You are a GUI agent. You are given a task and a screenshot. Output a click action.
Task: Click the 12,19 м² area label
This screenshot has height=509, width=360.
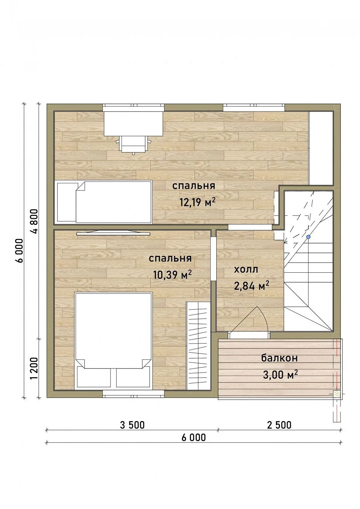pyautogui.click(x=198, y=202)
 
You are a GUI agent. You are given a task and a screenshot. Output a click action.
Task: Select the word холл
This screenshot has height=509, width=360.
pyautogui.click(x=246, y=269)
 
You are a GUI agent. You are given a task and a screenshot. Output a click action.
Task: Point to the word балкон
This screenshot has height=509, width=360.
pyautogui.click(x=279, y=358)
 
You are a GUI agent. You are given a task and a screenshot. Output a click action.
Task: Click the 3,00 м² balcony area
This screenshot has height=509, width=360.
pyautogui.click(x=280, y=374)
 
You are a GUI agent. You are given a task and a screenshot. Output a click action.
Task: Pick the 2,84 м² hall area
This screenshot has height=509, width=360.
pyautogui.click(x=251, y=285)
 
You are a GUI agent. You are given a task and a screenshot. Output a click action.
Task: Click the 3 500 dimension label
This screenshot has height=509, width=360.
pyautogui.click(x=132, y=425)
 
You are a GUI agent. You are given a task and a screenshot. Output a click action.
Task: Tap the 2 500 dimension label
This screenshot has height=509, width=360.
pyautogui.click(x=279, y=425)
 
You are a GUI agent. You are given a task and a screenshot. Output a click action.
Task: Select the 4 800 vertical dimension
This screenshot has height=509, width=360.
pyautogui.click(x=35, y=221)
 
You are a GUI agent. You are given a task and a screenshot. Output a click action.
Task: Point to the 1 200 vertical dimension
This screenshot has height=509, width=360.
pyautogui.click(x=35, y=368)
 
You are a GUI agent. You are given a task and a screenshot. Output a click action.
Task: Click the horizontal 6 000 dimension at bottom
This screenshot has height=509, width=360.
pyautogui.click(x=194, y=437)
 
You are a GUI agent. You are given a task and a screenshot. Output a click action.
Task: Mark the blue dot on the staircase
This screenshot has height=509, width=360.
pyautogui.click(x=308, y=237)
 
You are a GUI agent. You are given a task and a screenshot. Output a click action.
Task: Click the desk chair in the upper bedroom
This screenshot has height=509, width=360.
pyautogui.click(x=134, y=144)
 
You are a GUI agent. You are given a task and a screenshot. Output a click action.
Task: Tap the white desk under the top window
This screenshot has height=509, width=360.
pyautogui.click(x=133, y=123)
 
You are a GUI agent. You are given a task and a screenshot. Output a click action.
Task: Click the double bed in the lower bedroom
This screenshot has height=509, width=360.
pyautogui.click(x=114, y=341)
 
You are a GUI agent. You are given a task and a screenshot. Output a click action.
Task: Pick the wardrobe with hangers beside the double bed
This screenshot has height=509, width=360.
pyautogui.click(x=199, y=346)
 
